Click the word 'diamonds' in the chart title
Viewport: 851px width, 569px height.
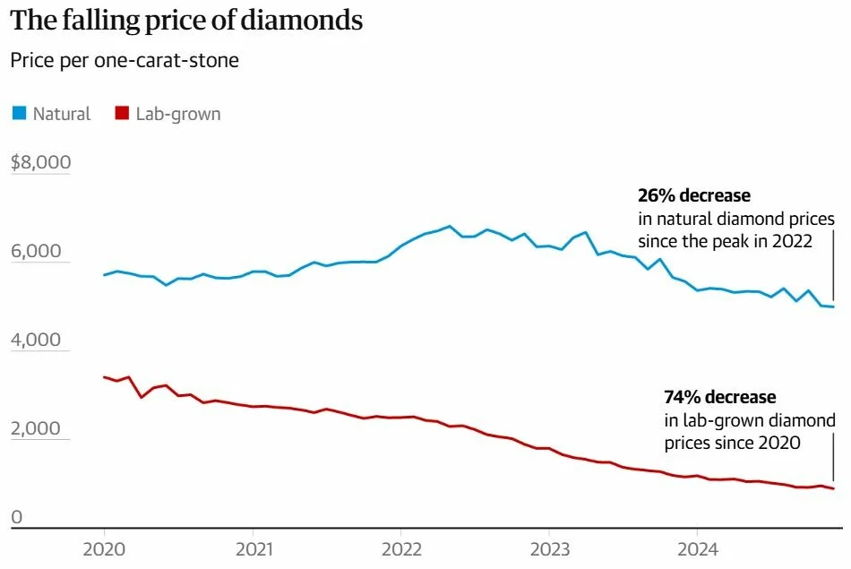(x=305, y=21)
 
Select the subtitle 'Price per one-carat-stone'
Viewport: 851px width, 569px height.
(x=124, y=61)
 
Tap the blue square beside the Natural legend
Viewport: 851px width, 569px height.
(x=19, y=113)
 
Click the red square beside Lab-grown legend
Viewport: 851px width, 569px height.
(x=122, y=113)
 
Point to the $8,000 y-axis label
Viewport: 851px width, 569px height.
(x=40, y=162)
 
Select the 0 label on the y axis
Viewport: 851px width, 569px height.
(x=16, y=517)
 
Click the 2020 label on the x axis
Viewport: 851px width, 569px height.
(x=104, y=547)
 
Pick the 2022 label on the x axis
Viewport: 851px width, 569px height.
(x=400, y=547)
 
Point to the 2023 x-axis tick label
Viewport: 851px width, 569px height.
(x=549, y=547)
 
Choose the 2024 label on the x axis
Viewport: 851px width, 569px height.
(x=697, y=547)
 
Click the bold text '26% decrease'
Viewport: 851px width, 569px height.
(x=693, y=194)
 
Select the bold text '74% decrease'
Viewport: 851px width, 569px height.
(x=719, y=396)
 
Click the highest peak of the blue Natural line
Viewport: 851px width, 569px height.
(x=450, y=226)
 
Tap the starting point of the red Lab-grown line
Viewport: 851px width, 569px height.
(x=105, y=377)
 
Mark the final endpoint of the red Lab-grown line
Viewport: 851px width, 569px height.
(x=834, y=488)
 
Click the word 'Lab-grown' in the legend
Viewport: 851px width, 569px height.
(x=177, y=114)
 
